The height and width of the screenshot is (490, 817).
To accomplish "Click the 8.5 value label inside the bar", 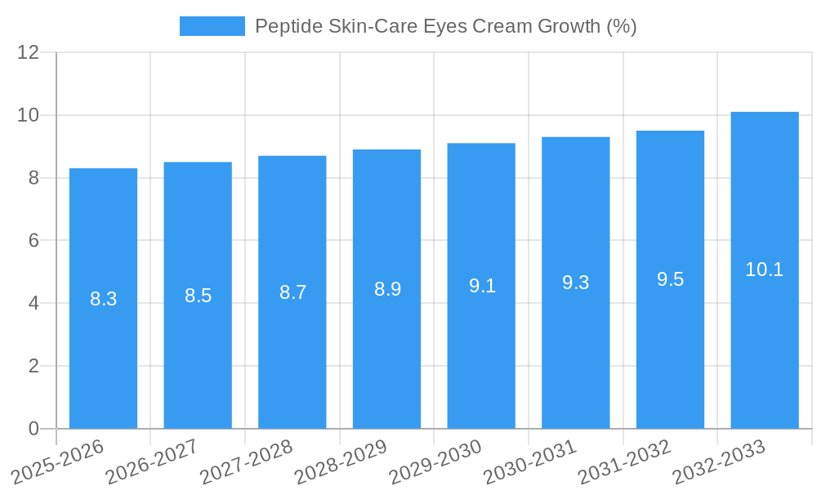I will tap(198, 296).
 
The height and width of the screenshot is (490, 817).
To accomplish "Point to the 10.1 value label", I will tap(765, 269).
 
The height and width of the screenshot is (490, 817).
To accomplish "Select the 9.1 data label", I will tap(482, 286).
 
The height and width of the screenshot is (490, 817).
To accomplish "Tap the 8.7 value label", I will tap(292, 292).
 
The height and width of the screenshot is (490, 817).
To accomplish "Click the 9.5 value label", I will tap(670, 279).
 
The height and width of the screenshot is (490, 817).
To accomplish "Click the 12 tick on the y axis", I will tap(29, 53).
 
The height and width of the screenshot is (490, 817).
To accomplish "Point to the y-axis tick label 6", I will tap(33, 241).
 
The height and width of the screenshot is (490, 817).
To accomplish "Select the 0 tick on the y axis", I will tap(33, 429).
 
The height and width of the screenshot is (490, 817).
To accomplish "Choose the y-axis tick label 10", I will tap(29, 115).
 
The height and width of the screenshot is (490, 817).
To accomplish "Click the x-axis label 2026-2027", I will tap(151, 461).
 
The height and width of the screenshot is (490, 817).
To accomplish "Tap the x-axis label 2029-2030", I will tap(435, 461).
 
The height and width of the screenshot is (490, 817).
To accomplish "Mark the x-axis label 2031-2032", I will tap(624, 461).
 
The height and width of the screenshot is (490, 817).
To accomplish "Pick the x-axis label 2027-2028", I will tap(246, 461).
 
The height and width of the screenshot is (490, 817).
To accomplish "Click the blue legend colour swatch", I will tap(212, 26).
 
